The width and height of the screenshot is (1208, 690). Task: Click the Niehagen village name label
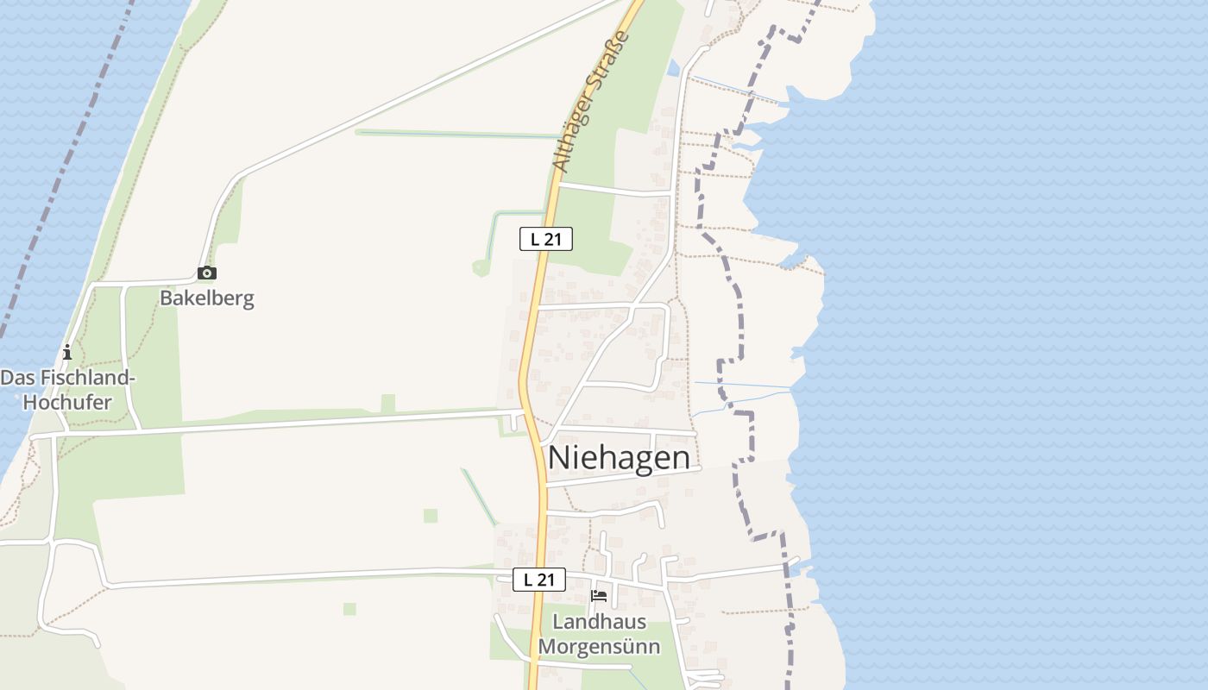pos(619,457)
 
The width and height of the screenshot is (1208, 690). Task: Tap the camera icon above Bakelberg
pos(207,273)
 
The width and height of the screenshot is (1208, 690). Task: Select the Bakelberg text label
pos(207,298)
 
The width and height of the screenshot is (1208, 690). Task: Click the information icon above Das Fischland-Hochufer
pos(67,352)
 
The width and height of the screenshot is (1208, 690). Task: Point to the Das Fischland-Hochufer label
pos(68,390)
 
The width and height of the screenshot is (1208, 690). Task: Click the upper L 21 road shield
pos(545,239)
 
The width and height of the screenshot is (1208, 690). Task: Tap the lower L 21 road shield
pos(539,580)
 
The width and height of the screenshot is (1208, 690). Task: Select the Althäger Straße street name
pos(592,102)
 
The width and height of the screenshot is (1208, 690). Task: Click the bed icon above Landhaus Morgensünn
pos(599,596)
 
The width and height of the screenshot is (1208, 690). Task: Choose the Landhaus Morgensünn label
pos(599,633)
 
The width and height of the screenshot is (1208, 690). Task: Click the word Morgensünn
pos(599,646)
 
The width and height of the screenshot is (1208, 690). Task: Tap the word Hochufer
pos(67,402)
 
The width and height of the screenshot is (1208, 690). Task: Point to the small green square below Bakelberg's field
pos(431,516)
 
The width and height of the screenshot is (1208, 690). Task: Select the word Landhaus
pos(599,621)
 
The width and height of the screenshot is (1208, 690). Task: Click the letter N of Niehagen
pos(558,457)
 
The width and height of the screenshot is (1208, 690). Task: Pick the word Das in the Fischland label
pos(16,378)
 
